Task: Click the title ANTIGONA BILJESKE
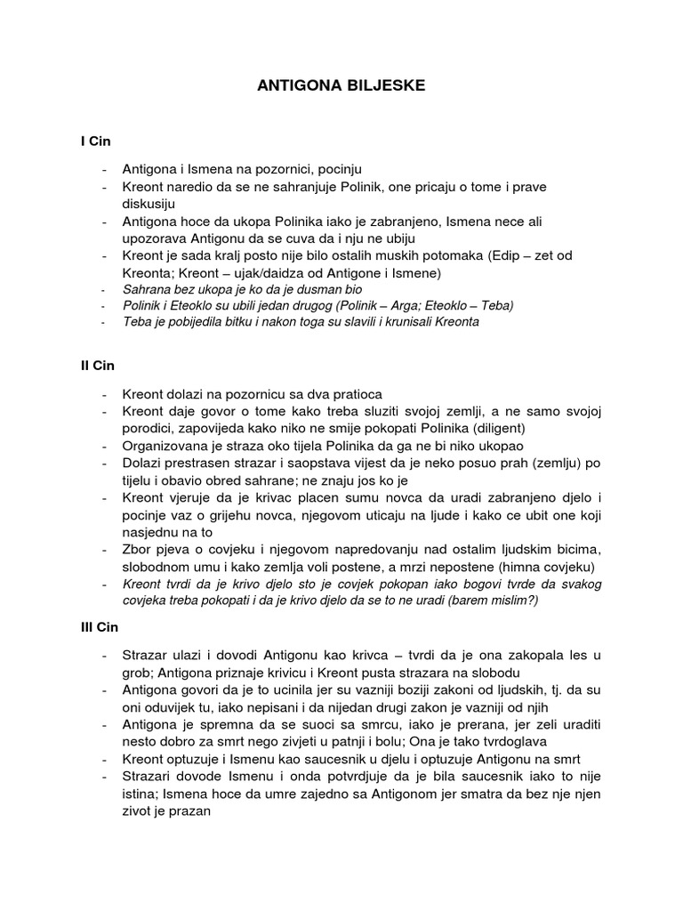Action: (341, 85)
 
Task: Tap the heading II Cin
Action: (97, 366)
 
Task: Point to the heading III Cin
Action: (100, 627)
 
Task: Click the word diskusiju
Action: (149, 203)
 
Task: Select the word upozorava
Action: (154, 238)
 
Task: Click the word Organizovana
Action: (165, 445)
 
